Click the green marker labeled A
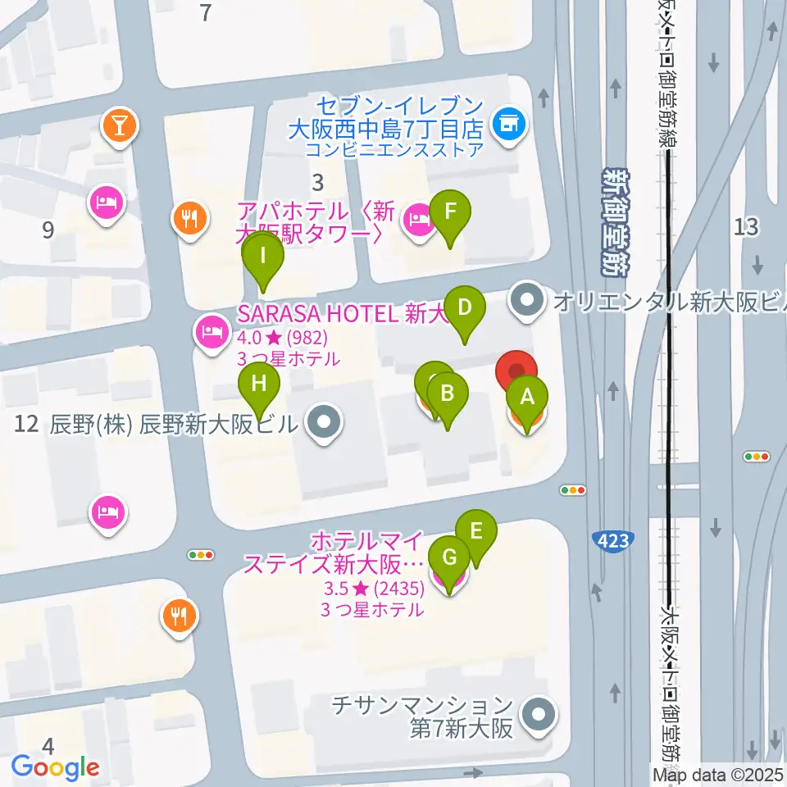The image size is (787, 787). click(x=527, y=398)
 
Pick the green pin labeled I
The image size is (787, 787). click(x=262, y=255)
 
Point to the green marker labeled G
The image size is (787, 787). click(x=449, y=558)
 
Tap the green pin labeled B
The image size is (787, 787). click(x=447, y=393)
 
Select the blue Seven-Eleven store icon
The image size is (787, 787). click(x=509, y=125)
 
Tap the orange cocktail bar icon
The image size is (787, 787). click(x=121, y=126)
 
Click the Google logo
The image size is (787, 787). click(x=56, y=767)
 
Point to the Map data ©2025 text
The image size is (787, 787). click(x=718, y=775)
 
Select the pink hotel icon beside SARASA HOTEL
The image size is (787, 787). click(x=211, y=331)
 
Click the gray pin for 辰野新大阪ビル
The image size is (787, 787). click(x=325, y=423)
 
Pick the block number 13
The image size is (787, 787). click(x=747, y=227)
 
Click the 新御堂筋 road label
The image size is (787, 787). click(x=615, y=221)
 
